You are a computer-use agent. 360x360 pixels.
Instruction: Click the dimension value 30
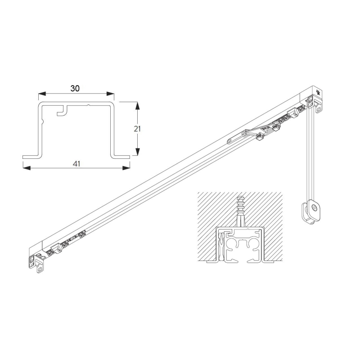[x=75, y=88]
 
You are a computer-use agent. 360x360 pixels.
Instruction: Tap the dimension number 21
[x=138, y=128]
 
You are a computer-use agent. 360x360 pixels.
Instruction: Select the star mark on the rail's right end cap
[x=319, y=93]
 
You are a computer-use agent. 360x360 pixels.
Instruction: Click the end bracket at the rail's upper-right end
[x=317, y=104]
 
